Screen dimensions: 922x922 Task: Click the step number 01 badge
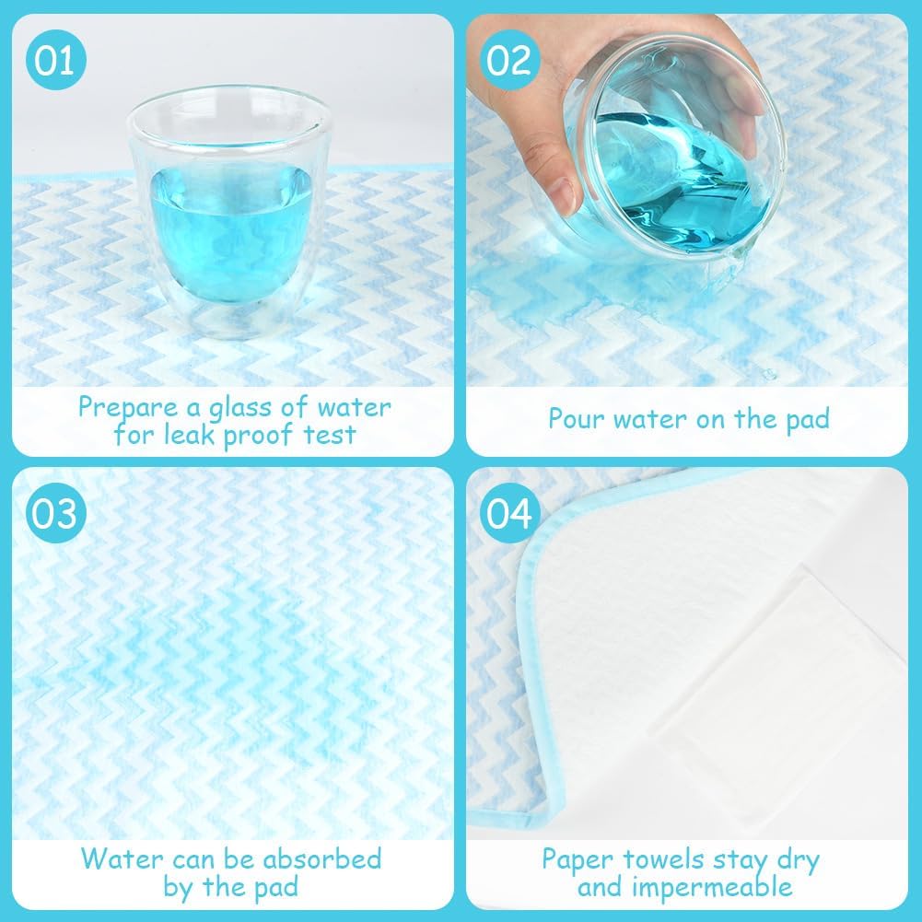(56, 59)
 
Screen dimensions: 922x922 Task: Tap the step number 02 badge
(509, 59)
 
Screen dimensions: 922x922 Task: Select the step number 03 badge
(56, 513)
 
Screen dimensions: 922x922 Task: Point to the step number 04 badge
(509, 513)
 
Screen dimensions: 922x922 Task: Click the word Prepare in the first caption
(128, 408)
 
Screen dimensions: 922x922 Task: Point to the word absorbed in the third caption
(322, 859)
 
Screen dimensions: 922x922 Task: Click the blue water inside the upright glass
(230, 232)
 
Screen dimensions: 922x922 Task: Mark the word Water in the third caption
(122, 859)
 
